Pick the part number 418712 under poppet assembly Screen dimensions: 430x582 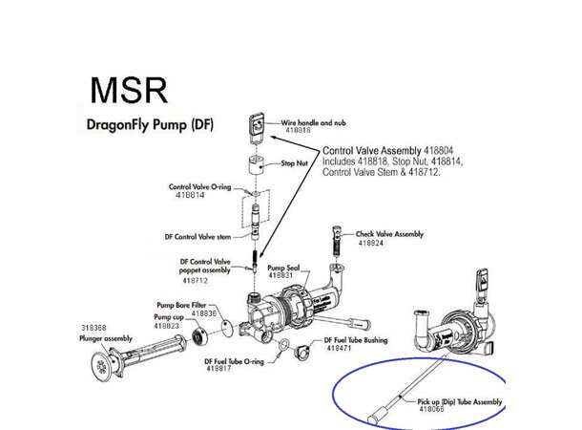[x=194, y=281]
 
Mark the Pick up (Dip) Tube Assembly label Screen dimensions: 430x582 [x=459, y=401]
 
